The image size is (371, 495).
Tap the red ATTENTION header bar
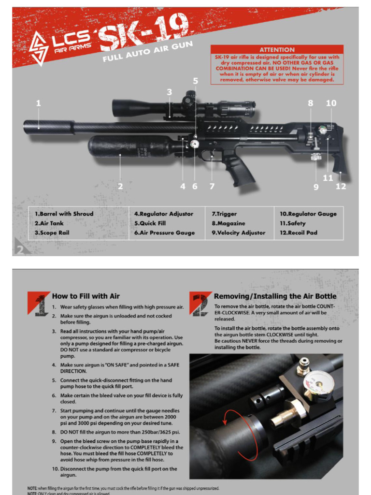point(277,49)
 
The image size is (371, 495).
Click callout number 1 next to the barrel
point(39,103)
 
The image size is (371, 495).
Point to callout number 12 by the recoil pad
point(341,186)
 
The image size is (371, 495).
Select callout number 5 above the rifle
point(195,81)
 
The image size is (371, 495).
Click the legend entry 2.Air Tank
point(49,223)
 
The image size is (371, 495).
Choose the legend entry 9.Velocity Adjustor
point(239,233)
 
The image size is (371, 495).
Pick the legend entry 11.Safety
point(293,223)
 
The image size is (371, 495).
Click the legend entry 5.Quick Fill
point(150,223)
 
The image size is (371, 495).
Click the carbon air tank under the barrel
point(128,146)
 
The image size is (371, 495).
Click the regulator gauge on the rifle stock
point(322,130)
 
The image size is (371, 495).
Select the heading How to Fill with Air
point(86,296)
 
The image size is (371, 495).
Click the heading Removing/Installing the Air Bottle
point(275,296)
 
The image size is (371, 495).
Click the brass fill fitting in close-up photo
point(285,415)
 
